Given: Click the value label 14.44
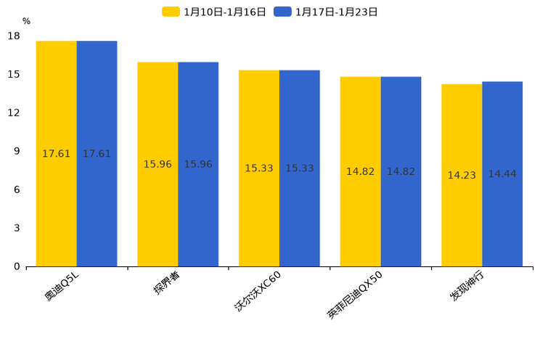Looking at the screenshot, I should [502, 174].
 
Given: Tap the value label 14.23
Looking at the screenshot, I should [462, 176].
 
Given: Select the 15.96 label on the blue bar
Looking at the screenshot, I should [198, 165].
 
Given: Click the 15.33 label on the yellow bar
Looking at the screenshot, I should [259, 168].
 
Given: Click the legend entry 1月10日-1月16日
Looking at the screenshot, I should [215, 12].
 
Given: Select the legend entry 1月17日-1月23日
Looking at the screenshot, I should [327, 12].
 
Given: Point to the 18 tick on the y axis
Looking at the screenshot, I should [14, 36].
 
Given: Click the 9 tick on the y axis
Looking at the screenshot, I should [17, 151].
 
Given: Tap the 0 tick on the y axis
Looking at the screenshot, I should [17, 266].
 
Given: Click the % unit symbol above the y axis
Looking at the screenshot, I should [26, 22].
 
